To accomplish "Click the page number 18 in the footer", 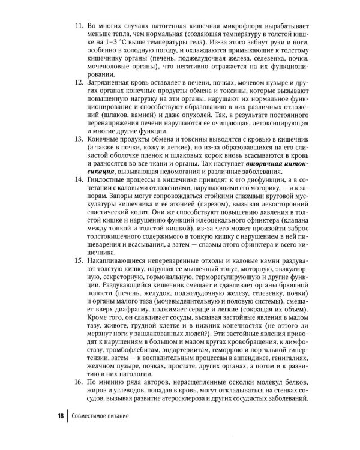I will coord(61,415).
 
